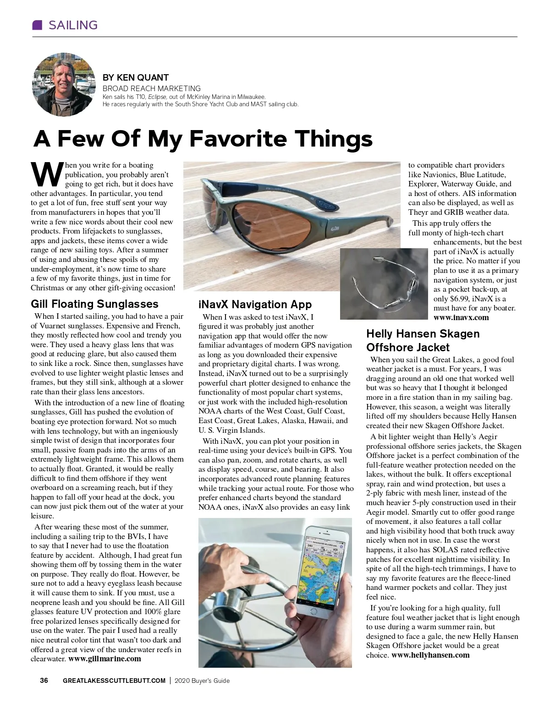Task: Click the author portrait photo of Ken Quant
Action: tap(62, 84)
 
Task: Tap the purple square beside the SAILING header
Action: tap(37, 25)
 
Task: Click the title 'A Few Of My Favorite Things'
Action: tap(203, 139)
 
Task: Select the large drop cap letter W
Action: tap(46, 174)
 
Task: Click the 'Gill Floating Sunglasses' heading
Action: tap(94, 304)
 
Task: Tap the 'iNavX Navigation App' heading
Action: tap(255, 305)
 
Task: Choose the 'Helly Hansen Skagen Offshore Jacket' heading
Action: tap(423, 340)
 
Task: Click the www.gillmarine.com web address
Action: tap(104, 659)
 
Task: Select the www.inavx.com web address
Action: tap(461, 317)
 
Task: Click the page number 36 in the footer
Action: tap(44, 681)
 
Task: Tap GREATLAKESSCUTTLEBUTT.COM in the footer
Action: tap(114, 681)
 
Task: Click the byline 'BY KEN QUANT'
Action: tap(136, 77)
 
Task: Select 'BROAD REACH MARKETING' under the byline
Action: tap(151, 88)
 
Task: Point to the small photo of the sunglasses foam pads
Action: tap(384, 284)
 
